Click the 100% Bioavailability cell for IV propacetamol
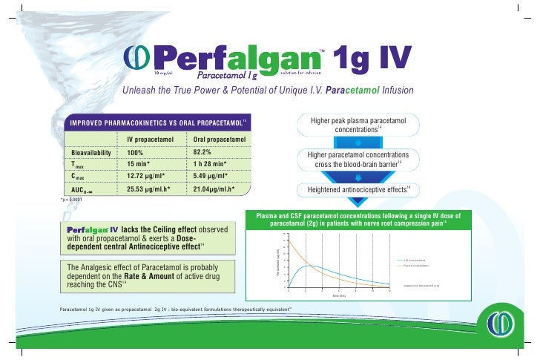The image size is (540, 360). pyautogui.click(x=134, y=151)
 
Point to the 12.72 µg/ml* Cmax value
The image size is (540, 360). pyautogui.click(x=146, y=176)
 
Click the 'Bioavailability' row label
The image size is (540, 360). pyautogui.click(x=90, y=151)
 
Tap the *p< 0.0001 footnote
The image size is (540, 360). pyautogui.click(x=77, y=200)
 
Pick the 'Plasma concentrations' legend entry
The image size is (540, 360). pyautogui.click(x=421, y=266)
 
